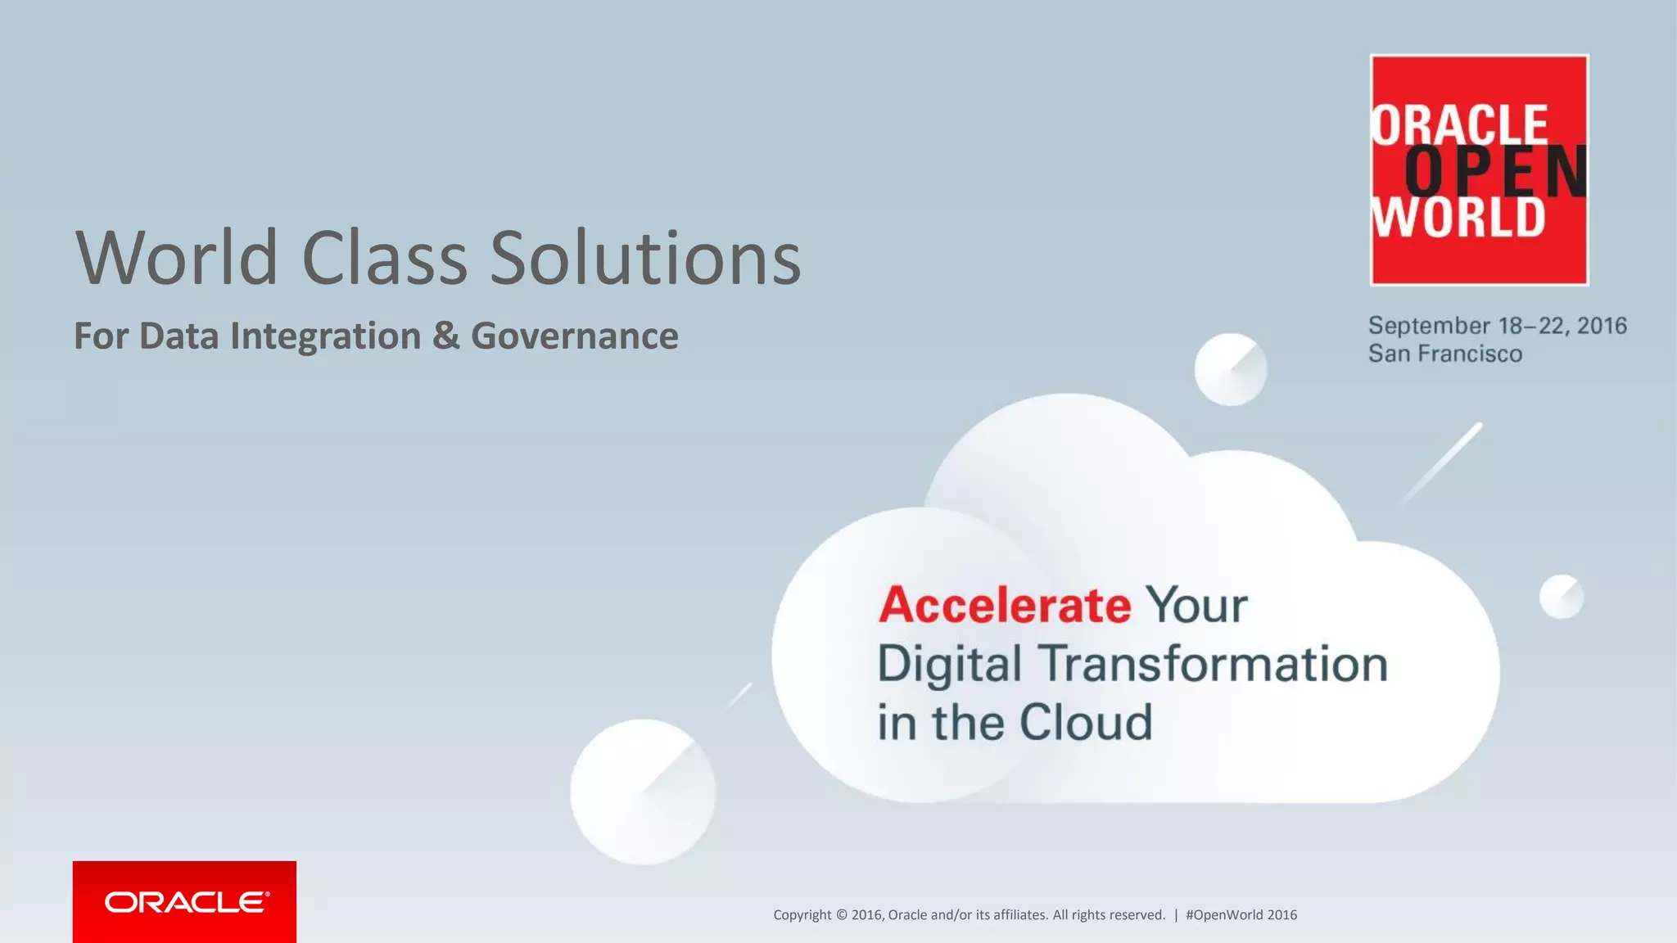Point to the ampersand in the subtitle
click(x=446, y=336)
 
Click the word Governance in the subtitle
click(x=574, y=336)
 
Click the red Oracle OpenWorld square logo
click(x=1479, y=170)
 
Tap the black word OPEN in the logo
click(x=1495, y=172)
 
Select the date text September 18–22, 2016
click(x=1497, y=326)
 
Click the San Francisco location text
click(x=1445, y=354)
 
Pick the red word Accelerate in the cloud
click(x=1005, y=605)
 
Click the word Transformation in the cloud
click(x=1214, y=663)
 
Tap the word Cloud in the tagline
click(x=1085, y=722)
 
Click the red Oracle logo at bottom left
click(x=184, y=901)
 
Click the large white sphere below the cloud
click(x=643, y=792)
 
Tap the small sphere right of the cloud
click(x=1562, y=596)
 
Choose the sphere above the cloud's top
click(x=1230, y=369)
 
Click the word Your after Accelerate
click(x=1196, y=605)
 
